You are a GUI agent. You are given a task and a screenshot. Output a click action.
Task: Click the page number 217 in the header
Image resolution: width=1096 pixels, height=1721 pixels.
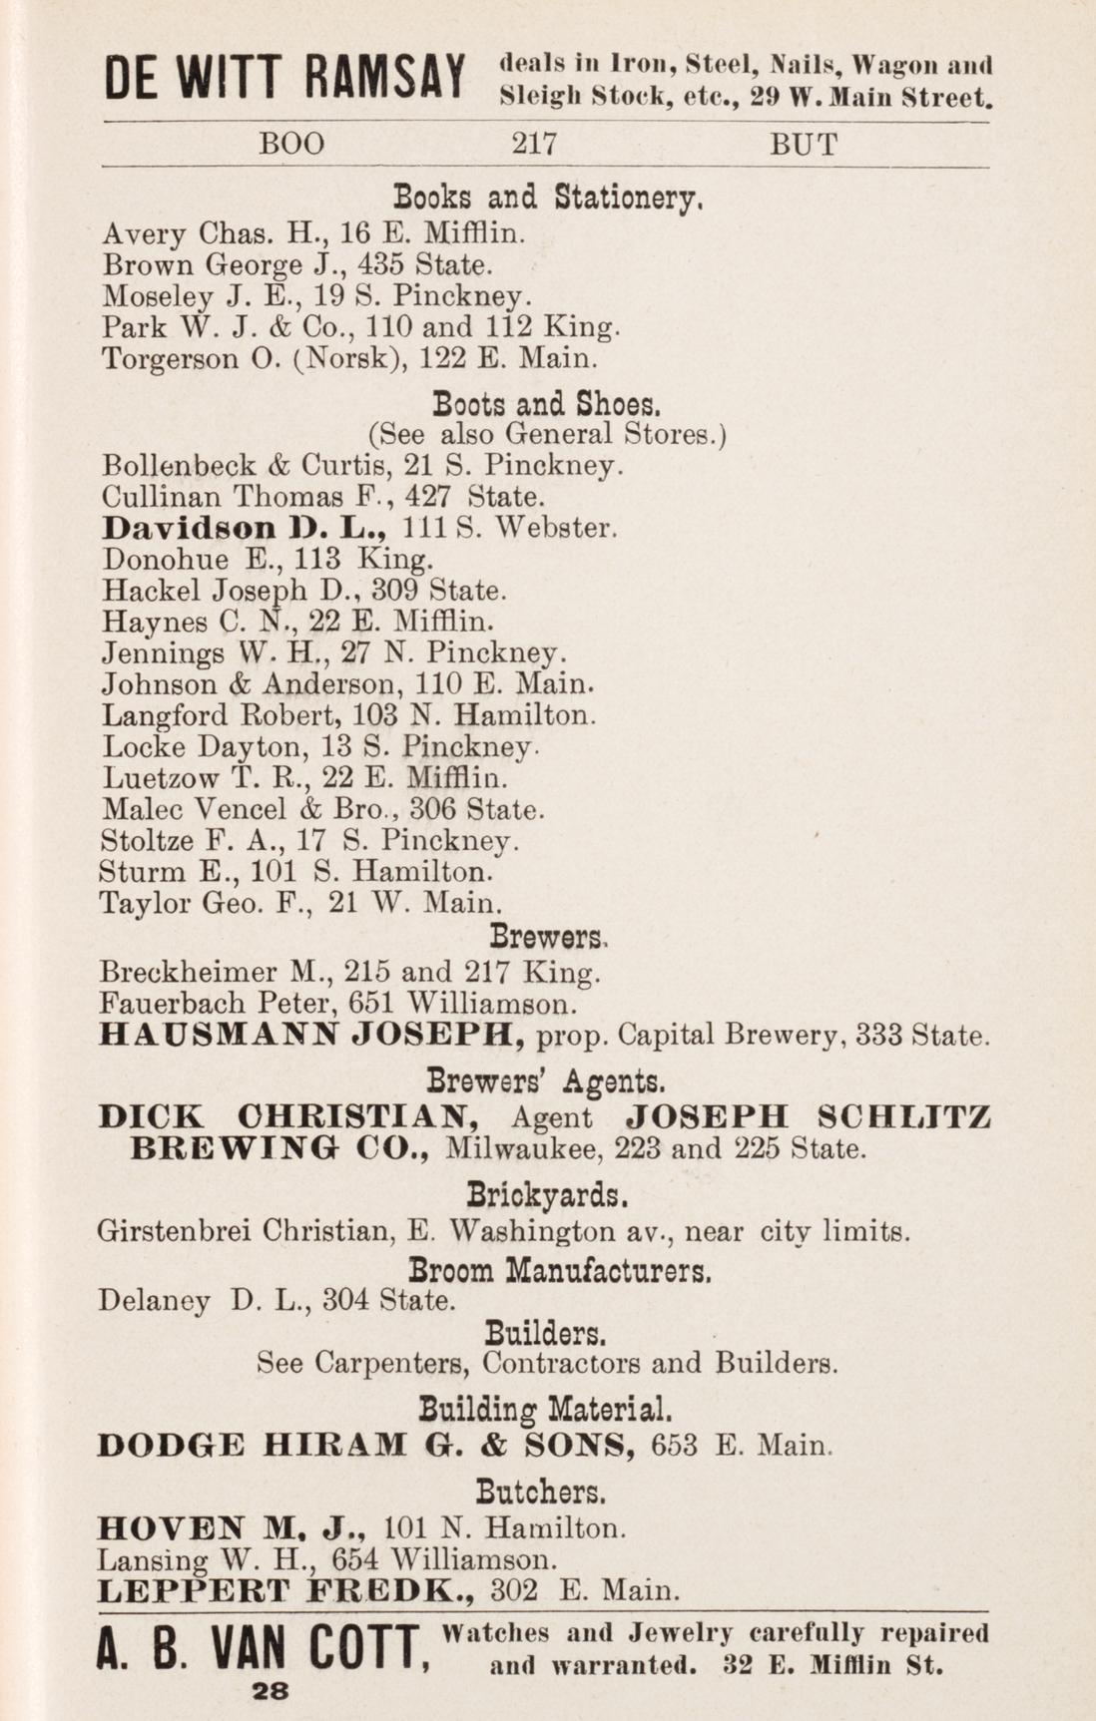533,145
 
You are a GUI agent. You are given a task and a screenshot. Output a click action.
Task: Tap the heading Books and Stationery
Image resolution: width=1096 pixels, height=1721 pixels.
550,197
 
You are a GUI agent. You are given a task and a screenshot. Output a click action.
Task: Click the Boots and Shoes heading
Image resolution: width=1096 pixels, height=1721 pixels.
546,405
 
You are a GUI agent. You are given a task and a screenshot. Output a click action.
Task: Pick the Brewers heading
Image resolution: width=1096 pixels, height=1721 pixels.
548,938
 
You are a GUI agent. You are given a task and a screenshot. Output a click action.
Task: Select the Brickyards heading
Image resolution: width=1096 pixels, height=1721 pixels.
547,1194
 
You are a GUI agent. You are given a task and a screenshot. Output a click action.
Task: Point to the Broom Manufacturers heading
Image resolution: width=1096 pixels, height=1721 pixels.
560,1271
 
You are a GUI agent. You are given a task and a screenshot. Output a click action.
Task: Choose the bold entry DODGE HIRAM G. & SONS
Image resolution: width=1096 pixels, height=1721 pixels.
366,1445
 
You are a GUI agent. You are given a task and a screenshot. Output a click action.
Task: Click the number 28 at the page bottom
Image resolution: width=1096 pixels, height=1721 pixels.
271,1690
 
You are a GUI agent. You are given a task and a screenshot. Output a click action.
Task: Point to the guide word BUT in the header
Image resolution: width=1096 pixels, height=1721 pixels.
803,145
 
